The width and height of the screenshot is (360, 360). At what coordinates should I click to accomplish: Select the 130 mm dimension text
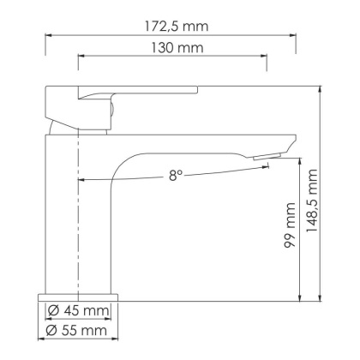tap(173, 49)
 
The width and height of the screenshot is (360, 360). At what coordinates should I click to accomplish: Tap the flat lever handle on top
tap(137, 90)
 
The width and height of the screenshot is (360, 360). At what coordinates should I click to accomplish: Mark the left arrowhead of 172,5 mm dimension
tap(47, 36)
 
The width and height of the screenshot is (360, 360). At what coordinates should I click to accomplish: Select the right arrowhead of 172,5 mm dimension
tap(295, 36)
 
